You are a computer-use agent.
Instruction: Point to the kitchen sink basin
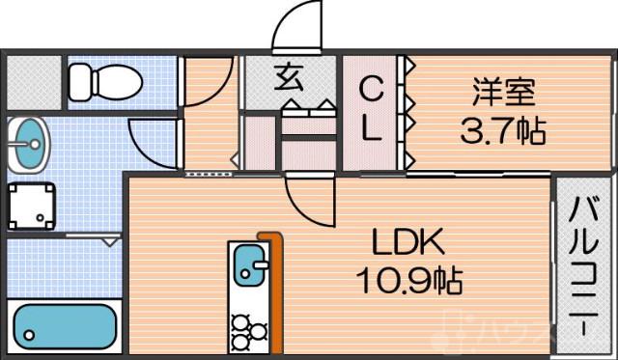(249, 263)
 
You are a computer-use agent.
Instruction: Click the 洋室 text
(503, 94)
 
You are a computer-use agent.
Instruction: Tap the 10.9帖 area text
(406, 281)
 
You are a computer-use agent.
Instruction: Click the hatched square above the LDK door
(309, 154)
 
